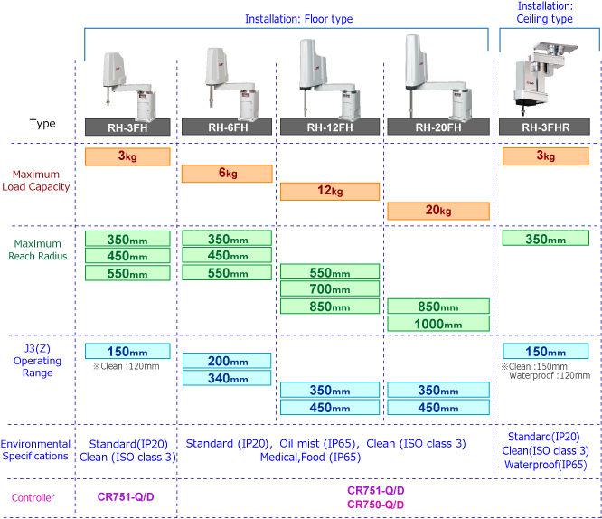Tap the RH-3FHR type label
click(547, 127)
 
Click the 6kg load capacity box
click(227, 174)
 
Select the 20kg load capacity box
click(437, 211)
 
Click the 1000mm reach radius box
click(437, 323)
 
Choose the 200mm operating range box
click(227, 361)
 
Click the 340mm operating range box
click(227, 378)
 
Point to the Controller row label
click(33, 497)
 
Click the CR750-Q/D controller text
click(376, 504)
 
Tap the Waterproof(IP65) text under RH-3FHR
click(549, 465)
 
